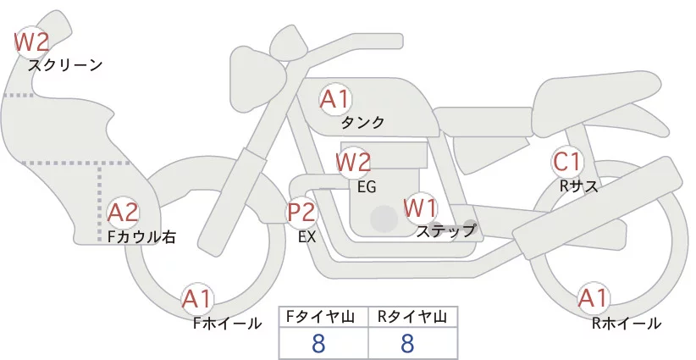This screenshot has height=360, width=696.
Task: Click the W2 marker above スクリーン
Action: pyautogui.click(x=31, y=42)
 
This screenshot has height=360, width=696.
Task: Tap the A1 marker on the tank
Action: pyautogui.click(x=335, y=99)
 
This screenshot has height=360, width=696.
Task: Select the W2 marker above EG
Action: pyautogui.click(x=353, y=162)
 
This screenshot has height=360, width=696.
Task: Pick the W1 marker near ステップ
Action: pyautogui.click(x=420, y=208)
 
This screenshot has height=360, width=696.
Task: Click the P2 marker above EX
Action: pyautogui.click(x=301, y=212)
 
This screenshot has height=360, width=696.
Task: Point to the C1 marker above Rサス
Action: pyautogui.click(x=566, y=162)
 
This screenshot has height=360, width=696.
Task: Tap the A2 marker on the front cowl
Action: pyautogui.click(x=123, y=213)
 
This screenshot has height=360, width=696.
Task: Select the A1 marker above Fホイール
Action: pyautogui.click(x=196, y=299)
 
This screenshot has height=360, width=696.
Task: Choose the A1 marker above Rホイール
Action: pyautogui.click(x=593, y=298)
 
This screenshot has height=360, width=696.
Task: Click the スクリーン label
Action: pyautogui.click(x=65, y=66)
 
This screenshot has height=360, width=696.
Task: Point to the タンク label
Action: pyautogui.click(x=362, y=123)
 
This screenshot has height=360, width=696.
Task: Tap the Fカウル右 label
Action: pyautogui.click(x=141, y=237)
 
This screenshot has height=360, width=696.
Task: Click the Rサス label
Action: pyautogui.click(x=579, y=186)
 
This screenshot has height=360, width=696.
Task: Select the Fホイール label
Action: pyautogui.click(x=228, y=324)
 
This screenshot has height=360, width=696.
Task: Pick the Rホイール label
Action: pyautogui.click(x=627, y=324)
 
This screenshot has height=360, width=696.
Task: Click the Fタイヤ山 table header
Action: pyautogui.click(x=320, y=317)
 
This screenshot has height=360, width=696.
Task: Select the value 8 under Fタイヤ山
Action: pyautogui.click(x=318, y=343)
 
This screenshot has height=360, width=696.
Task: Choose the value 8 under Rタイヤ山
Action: pyautogui.click(x=407, y=343)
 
